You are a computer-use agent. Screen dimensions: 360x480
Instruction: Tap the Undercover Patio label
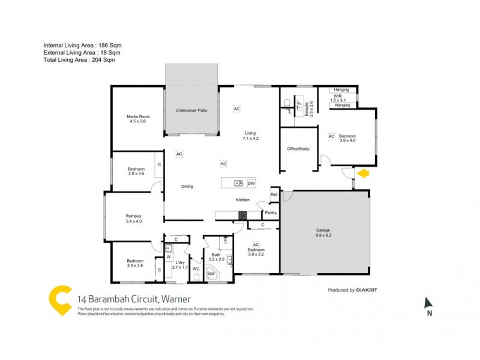click(x=191, y=111)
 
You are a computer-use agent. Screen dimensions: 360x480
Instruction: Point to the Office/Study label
click(x=298, y=149)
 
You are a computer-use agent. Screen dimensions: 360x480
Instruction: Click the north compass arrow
click(x=428, y=304)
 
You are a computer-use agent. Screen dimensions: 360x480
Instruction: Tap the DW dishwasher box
click(x=251, y=183)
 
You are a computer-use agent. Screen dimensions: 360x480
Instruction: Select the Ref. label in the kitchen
click(x=274, y=194)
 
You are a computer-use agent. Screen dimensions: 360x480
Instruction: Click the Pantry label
click(x=270, y=212)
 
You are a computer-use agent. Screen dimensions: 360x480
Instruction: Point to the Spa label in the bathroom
click(x=211, y=274)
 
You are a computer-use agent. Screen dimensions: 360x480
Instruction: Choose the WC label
click(x=196, y=268)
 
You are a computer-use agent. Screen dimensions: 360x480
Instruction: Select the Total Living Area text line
click(x=79, y=60)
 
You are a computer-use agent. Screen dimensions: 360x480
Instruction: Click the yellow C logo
click(x=61, y=298)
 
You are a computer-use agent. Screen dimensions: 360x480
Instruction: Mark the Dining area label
click(x=187, y=187)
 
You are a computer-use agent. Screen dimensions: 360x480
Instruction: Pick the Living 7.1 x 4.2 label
click(x=250, y=136)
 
